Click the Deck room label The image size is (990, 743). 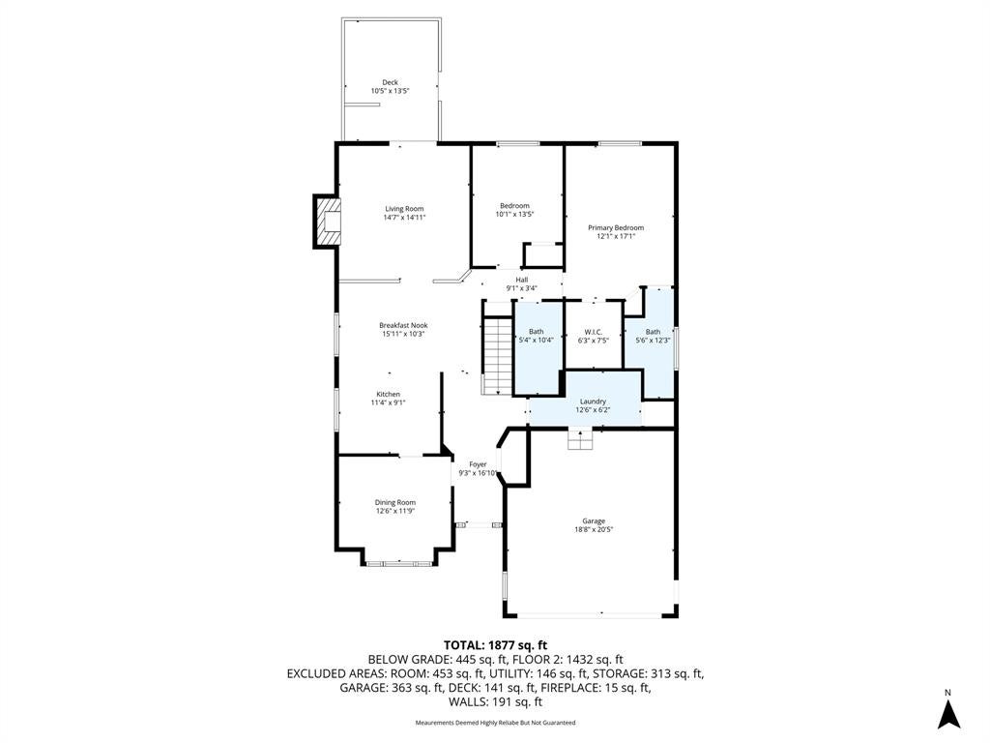point(391,86)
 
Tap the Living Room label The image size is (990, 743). point(405,213)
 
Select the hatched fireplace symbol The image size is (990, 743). point(328,222)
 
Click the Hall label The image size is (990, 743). point(521,283)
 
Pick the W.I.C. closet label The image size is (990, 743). point(594,336)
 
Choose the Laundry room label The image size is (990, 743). point(593,405)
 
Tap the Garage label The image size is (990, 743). point(594,525)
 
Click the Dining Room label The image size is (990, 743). point(395,507)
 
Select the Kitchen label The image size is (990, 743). point(389,398)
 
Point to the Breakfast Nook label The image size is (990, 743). point(403,329)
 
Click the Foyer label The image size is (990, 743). point(478,468)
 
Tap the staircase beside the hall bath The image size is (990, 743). point(498,356)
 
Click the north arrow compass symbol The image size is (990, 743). point(947,711)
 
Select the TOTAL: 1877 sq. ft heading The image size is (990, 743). point(496,645)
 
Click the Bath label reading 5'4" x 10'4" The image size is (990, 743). point(536,336)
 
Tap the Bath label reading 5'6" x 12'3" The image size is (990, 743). point(653,336)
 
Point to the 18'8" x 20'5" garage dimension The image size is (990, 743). point(594,529)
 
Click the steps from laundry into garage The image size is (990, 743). point(580,439)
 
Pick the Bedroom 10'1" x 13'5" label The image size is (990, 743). point(514,210)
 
